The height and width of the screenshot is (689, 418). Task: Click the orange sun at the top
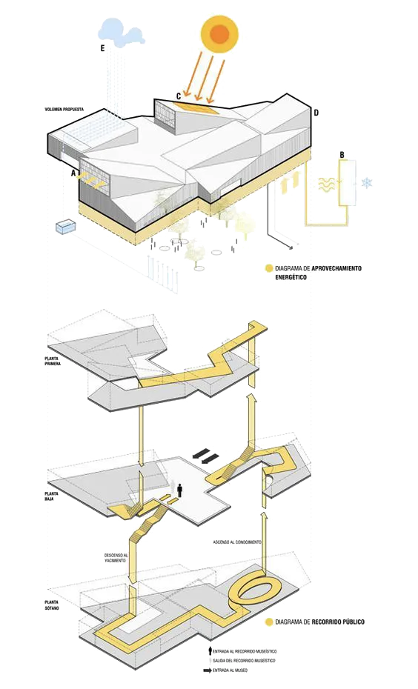[x=219, y=33]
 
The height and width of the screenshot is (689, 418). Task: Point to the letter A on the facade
[x=74, y=173]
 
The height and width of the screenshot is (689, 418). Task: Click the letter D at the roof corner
[x=316, y=113]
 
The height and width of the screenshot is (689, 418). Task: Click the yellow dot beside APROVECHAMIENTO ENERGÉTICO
[x=268, y=267]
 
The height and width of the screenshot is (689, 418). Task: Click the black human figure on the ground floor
[x=179, y=489]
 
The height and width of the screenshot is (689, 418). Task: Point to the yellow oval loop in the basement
[x=256, y=590]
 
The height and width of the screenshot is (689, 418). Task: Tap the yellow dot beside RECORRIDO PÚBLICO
[x=269, y=622]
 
